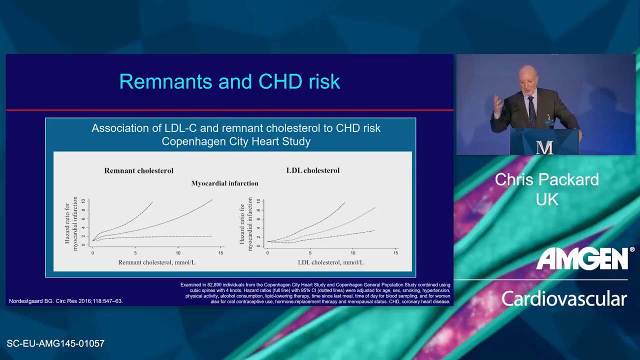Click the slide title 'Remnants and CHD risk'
tap(229, 81)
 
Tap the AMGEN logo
tap(583, 258)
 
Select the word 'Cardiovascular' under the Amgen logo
tap(564, 299)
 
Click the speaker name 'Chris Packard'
tap(547, 179)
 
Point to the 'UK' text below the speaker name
tap(547, 199)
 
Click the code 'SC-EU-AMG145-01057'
tap(55, 343)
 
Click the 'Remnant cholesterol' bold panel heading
tap(138, 170)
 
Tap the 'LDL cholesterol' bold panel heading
tap(313, 170)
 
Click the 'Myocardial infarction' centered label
tap(224, 183)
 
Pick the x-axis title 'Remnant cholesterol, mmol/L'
tap(157, 262)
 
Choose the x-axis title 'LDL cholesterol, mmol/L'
tap(330, 262)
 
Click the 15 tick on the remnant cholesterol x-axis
tap(220, 253)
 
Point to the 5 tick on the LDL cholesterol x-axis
tap(310, 253)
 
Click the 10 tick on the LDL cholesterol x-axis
tap(353, 253)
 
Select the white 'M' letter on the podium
tap(544, 147)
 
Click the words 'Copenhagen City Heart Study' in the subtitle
tap(236, 141)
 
